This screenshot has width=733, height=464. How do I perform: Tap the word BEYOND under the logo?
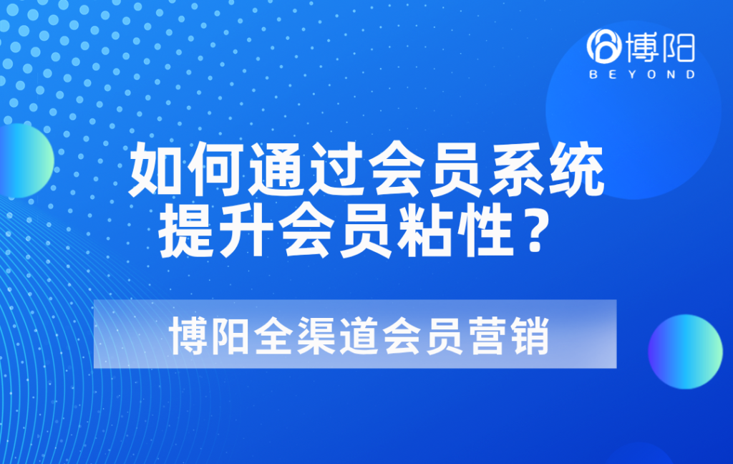coord(641,74)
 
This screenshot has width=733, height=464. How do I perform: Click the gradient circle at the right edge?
coord(685,352)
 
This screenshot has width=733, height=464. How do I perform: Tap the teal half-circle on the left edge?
coord(24,160)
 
